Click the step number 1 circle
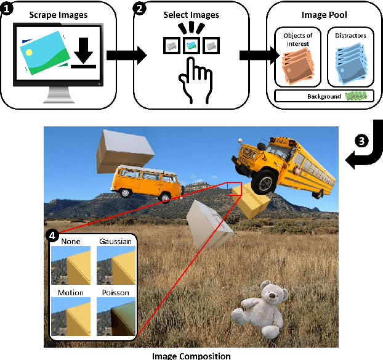click(x=7, y=9)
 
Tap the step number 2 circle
click(x=140, y=9)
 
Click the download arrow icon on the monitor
click(x=84, y=54)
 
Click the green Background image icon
click(x=360, y=96)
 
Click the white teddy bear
click(x=259, y=311)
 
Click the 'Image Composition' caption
click(x=191, y=355)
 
